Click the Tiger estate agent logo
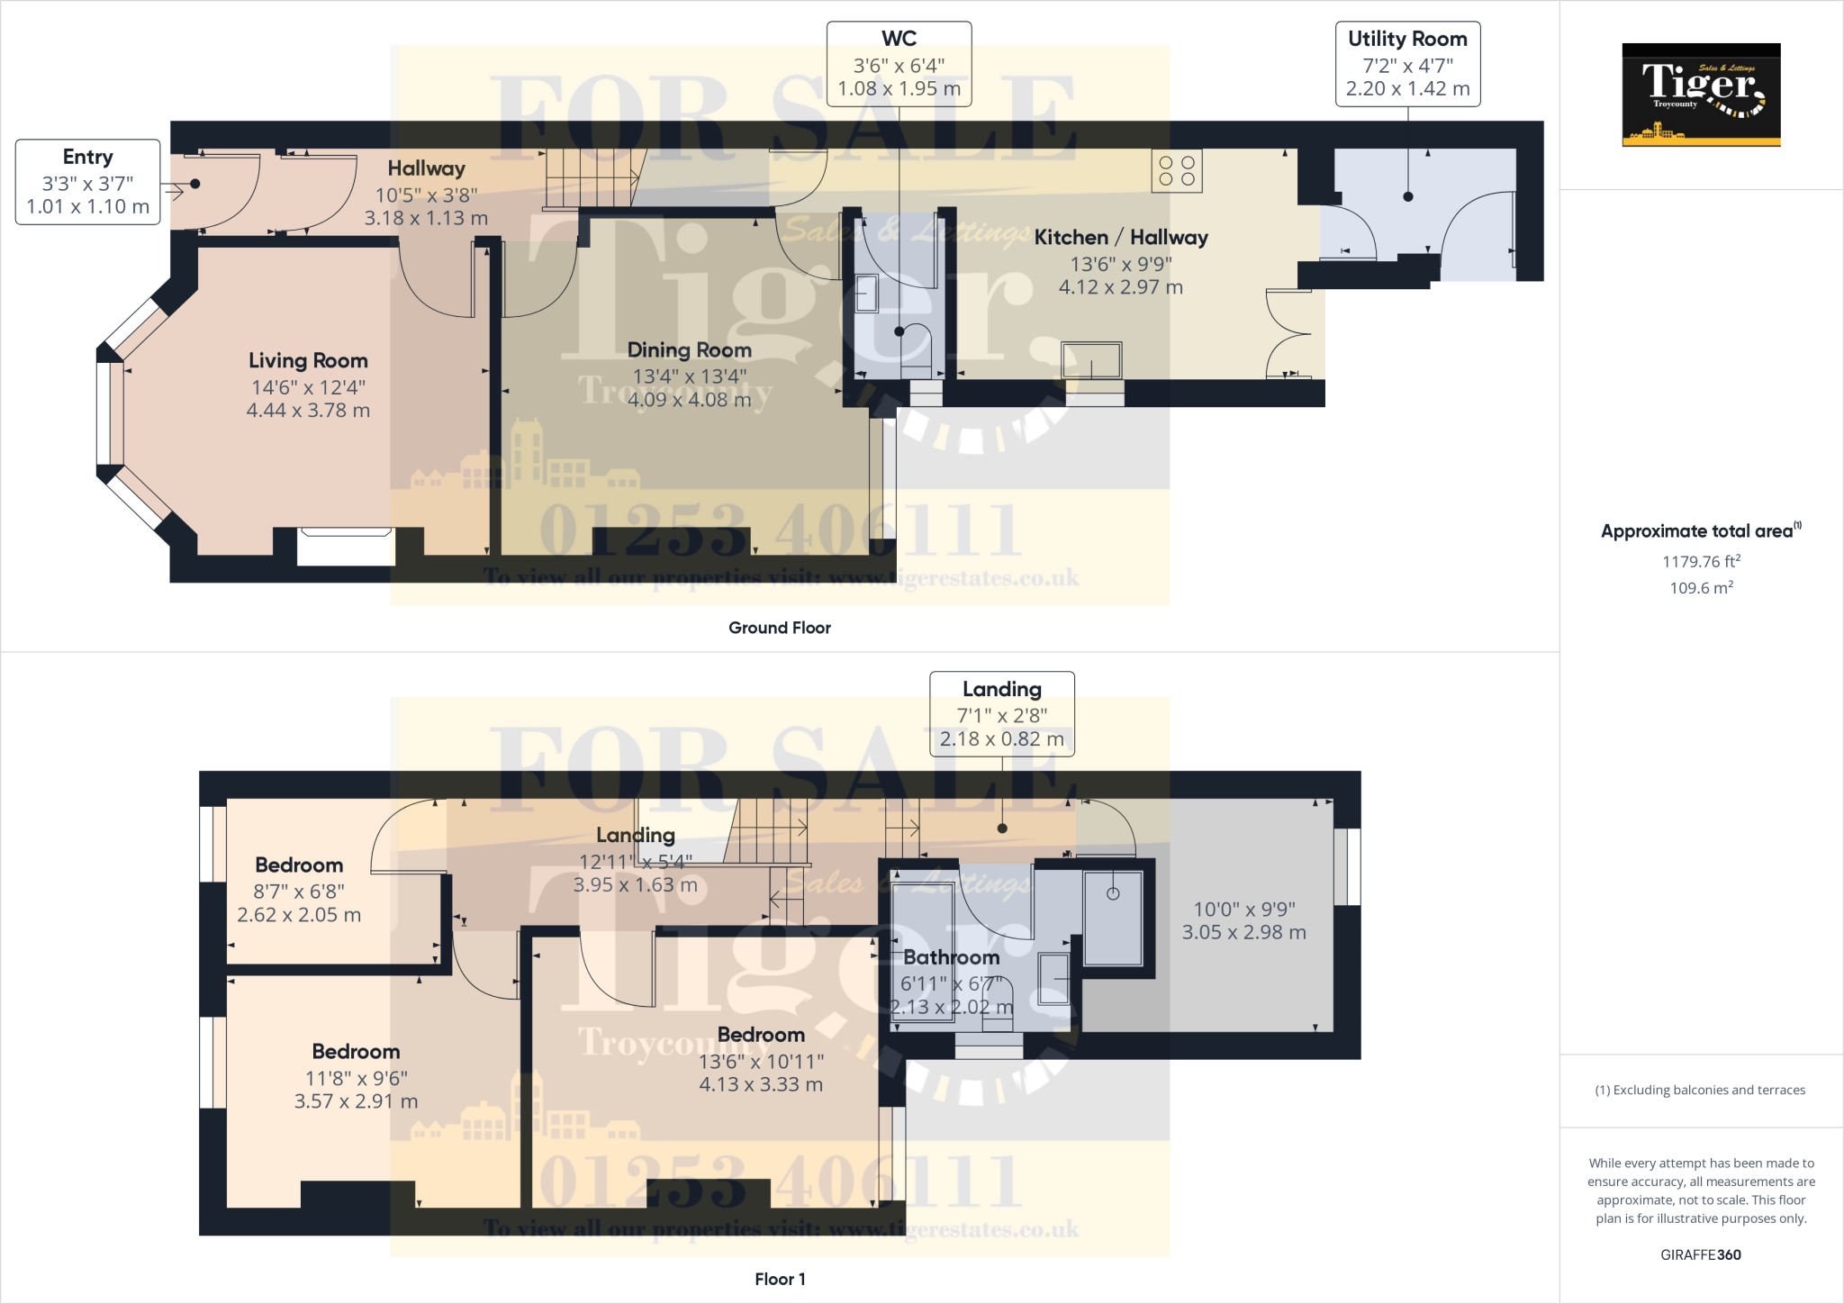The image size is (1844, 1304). pos(1701,94)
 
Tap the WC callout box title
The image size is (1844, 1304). pos(899,39)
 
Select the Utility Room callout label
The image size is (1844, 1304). pos(1407,39)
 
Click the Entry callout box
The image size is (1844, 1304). pos(87,182)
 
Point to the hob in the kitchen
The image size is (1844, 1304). pos(1177,171)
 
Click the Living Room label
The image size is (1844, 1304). pos(308,361)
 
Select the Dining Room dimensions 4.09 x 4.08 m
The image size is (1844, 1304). pos(689,400)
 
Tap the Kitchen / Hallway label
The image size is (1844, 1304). pos(1121,238)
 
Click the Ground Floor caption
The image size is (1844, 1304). pos(779,628)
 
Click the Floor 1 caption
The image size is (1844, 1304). pos(780,1279)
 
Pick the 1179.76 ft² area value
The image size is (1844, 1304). pos(1701,562)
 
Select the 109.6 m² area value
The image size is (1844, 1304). pos(1701,588)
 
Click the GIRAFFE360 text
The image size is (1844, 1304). pos(1700,1254)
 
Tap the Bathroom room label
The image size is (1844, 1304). pos(951,957)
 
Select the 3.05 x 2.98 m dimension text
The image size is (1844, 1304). pos(1243,933)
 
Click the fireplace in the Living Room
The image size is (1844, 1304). pos(346,547)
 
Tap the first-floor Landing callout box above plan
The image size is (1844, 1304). pos(1001,713)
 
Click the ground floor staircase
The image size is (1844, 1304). pos(590,177)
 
